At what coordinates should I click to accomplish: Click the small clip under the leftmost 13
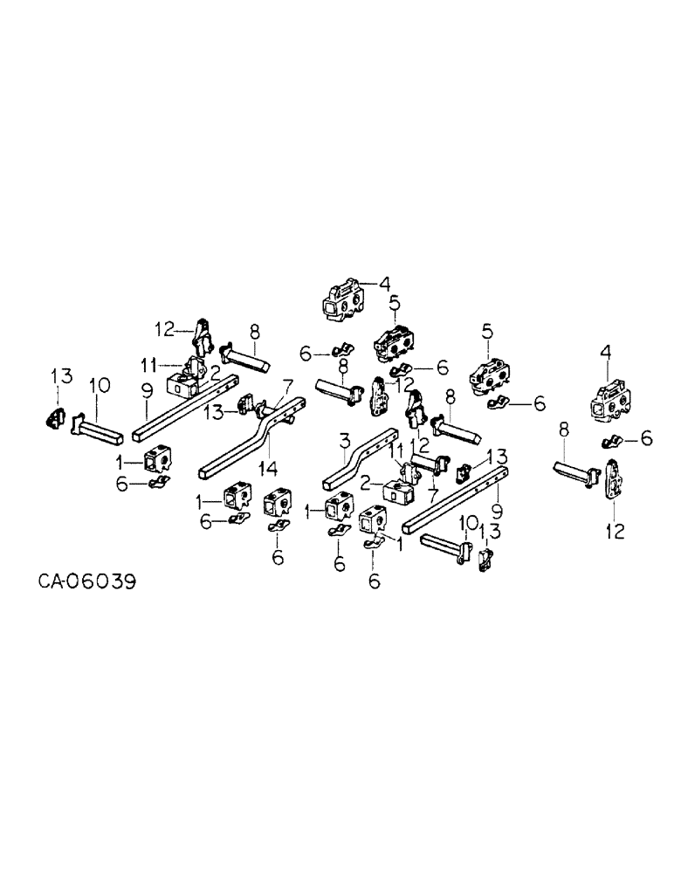[x=53, y=418]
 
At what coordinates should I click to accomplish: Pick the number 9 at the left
[x=146, y=405]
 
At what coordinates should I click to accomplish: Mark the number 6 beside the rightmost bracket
[x=646, y=438]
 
